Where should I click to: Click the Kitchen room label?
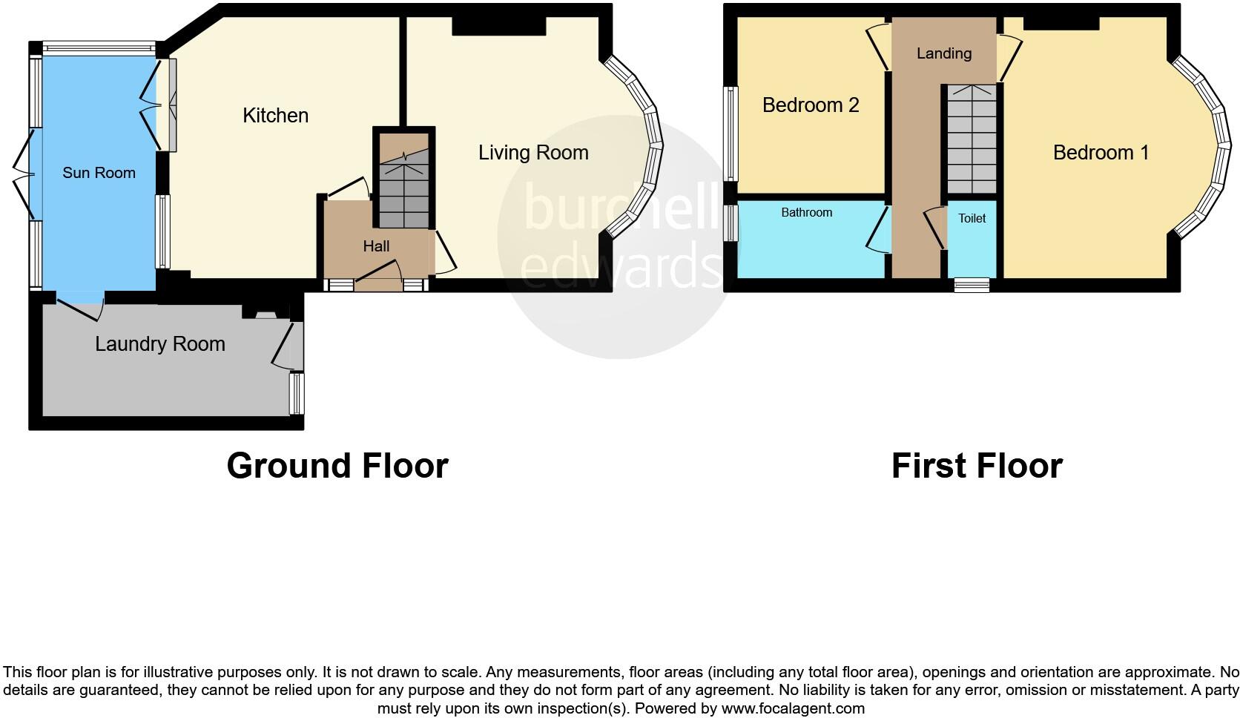pyautogui.click(x=275, y=116)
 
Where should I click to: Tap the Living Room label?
pyautogui.click(x=532, y=153)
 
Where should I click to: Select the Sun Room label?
pyautogui.click(x=99, y=173)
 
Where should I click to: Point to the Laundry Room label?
pyautogui.click(x=159, y=344)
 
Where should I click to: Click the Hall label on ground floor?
pyautogui.click(x=376, y=246)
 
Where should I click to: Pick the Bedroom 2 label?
pyautogui.click(x=811, y=105)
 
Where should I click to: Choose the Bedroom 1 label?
pyautogui.click(x=1101, y=153)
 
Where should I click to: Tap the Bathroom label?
pyautogui.click(x=806, y=213)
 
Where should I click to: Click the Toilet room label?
pyautogui.click(x=972, y=218)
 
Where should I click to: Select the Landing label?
pyautogui.click(x=943, y=53)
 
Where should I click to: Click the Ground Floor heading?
pyautogui.click(x=337, y=466)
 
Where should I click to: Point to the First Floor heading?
pyautogui.click(x=977, y=466)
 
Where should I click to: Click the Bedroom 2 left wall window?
pyautogui.click(x=732, y=134)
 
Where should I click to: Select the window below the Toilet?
pyautogui.click(x=972, y=285)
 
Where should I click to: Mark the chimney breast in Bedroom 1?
pyautogui.click(x=1061, y=23)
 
